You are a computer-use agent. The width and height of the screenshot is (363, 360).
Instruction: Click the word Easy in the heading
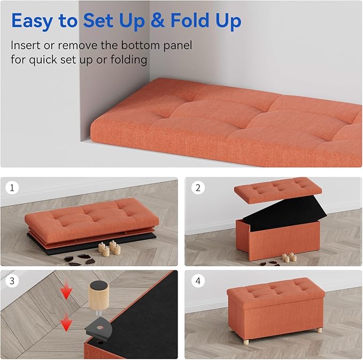pyautogui.click(x=34, y=21)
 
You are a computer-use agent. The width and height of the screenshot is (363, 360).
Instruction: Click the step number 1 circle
pyautogui.click(x=12, y=188)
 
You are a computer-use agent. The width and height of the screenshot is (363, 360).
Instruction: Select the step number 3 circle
pyautogui.click(x=12, y=280)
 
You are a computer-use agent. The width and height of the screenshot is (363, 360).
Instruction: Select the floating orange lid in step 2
pyautogui.click(x=278, y=187)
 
